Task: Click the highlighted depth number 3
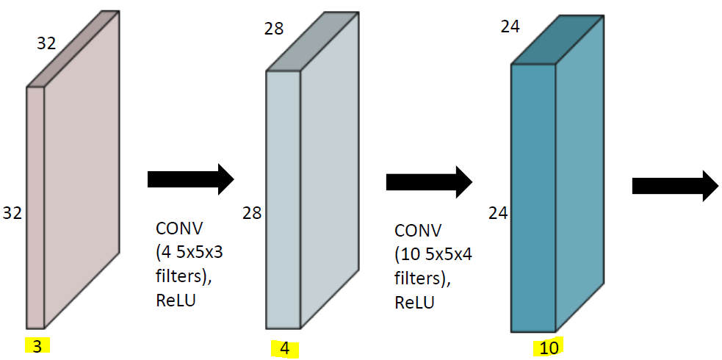pos(37,346)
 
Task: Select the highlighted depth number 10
pos(549,348)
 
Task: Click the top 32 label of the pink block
pos(46,43)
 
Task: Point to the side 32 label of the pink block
pos(12,213)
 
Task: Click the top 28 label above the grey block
pos(273,29)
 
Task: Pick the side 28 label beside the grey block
pos(252,213)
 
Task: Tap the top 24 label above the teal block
pos(510,26)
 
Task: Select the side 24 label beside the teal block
pos(499,213)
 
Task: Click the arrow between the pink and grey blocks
pos(190,179)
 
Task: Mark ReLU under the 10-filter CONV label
pos(414,303)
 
